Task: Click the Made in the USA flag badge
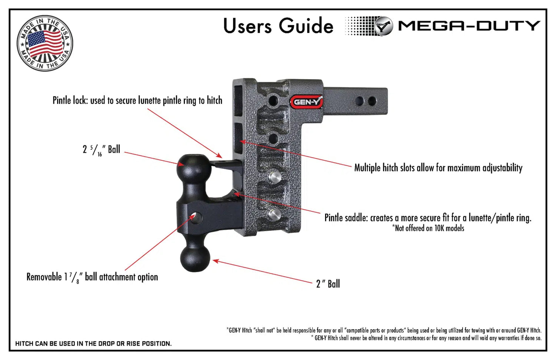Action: tap(45, 44)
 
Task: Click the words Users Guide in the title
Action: tap(278, 26)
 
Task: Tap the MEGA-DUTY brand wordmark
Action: tap(469, 26)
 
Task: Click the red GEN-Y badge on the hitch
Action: tap(306, 102)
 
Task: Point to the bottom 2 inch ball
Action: tap(195, 257)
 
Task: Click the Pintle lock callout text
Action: tap(137, 100)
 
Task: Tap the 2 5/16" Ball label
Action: tap(102, 150)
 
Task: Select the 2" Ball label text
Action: tap(328, 284)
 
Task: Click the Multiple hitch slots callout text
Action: tap(438, 168)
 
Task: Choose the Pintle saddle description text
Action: tap(428, 218)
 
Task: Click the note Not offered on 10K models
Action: tap(428, 228)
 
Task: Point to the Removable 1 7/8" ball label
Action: tap(92, 277)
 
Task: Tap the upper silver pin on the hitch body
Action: tap(275, 175)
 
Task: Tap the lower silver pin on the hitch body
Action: tap(275, 214)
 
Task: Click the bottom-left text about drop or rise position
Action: tap(93, 344)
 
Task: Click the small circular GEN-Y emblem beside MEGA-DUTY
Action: tap(383, 26)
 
